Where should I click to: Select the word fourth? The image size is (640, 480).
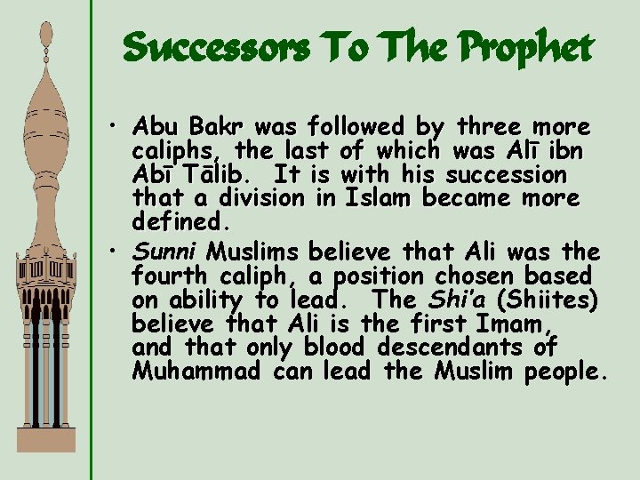pyautogui.click(x=169, y=275)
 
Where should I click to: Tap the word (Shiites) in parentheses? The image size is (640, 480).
pyautogui.click(x=555, y=298)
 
